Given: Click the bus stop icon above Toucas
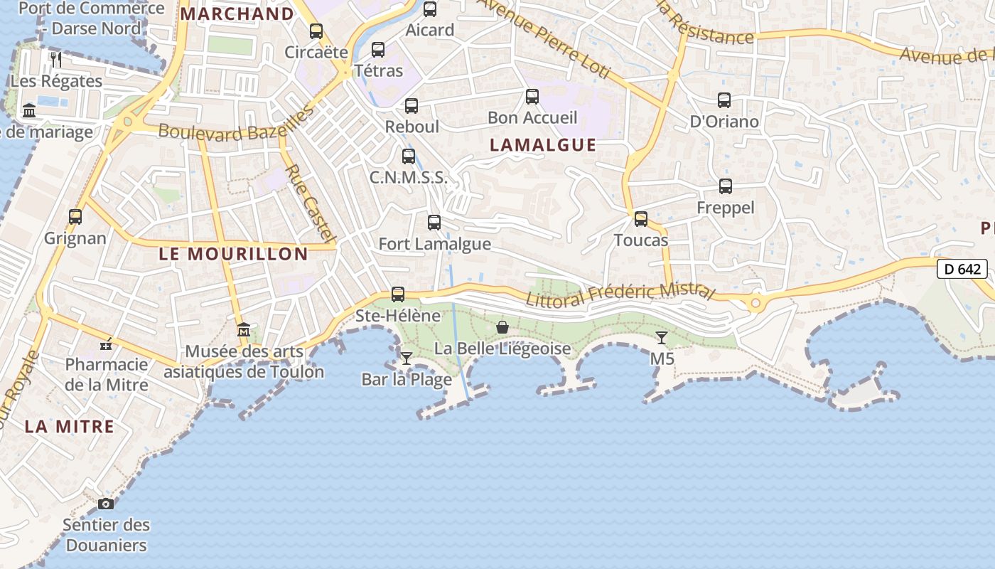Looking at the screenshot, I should [x=641, y=218].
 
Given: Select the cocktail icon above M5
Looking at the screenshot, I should [x=662, y=338].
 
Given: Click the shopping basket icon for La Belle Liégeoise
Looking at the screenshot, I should [x=502, y=327].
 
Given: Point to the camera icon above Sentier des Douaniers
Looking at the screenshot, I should [x=106, y=504].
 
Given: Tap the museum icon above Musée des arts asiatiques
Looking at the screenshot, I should [x=244, y=330].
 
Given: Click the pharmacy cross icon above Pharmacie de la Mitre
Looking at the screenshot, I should [x=106, y=345].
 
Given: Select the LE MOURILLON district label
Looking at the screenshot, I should [x=233, y=254].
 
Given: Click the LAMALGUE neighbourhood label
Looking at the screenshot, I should [x=543, y=145].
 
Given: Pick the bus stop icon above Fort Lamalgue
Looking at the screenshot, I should [x=434, y=222].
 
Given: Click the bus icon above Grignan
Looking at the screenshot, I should [x=75, y=216].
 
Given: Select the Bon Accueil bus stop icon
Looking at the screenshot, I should [x=532, y=97].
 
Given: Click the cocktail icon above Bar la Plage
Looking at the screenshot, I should [x=407, y=358].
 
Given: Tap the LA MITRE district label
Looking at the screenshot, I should [x=70, y=427].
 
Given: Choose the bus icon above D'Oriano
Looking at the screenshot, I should [x=724, y=100].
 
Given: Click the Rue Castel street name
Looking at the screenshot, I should [x=310, y=203].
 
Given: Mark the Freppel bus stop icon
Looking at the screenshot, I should [x=726, y=186].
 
